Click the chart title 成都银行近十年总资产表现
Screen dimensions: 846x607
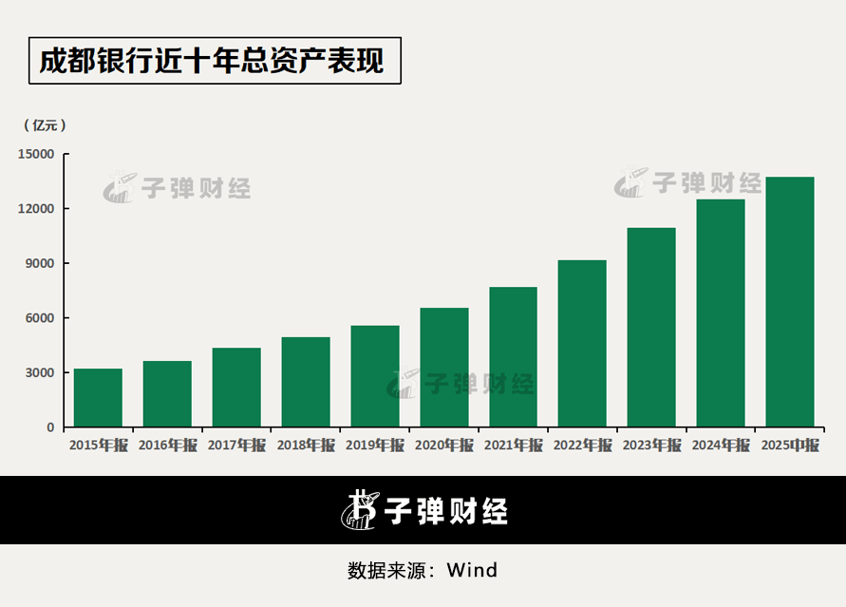coord(212,61)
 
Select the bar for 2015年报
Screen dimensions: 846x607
coord(98,398)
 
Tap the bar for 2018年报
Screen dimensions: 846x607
coord(306,382)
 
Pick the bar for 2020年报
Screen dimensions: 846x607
coord(444,368)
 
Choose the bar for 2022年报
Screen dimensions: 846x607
coord(582,344)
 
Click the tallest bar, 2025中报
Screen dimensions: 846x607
coord(790,302)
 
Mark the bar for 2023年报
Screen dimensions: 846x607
coord(651,328)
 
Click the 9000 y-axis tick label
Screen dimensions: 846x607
coord(40,263)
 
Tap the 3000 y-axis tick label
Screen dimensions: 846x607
coord(40,372)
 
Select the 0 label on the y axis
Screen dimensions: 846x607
coord(50,427)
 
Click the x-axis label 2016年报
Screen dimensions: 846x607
coord(167,446)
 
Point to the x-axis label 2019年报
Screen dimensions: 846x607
coord(375,446)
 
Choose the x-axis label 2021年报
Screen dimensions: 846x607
coord(513,446)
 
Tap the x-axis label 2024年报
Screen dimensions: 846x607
coord(721,446)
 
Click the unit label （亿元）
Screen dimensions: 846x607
coord(45,125)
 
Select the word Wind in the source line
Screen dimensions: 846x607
coord(472,570)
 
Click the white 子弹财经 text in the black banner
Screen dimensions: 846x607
coord(445,511)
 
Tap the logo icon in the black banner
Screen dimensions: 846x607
coord(360,510)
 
